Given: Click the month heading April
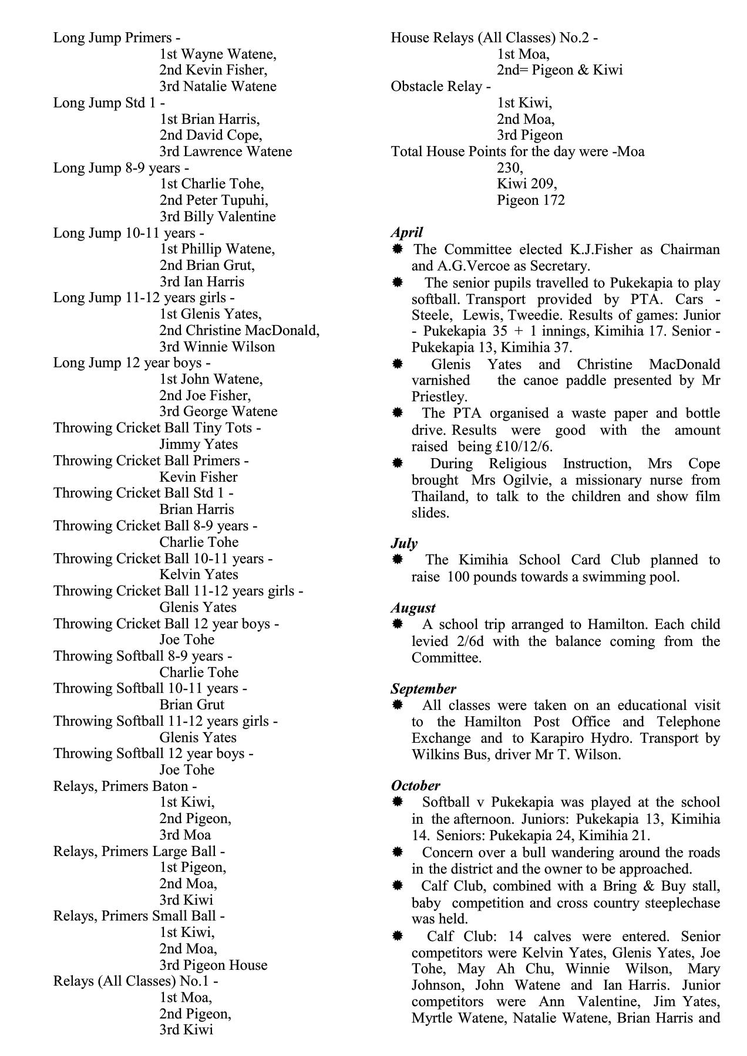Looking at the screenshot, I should click(406, 232).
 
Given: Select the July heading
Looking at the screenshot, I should click(404, 543).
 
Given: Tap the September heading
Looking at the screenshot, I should click(423, 689).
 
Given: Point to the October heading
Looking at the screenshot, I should click(415, 786).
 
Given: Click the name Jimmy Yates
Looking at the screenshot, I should click(198, 444).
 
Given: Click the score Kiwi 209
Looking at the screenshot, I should click(527, 184).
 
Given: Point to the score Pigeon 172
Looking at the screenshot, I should click(531, 201).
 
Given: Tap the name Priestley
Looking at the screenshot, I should click(439, 397).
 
